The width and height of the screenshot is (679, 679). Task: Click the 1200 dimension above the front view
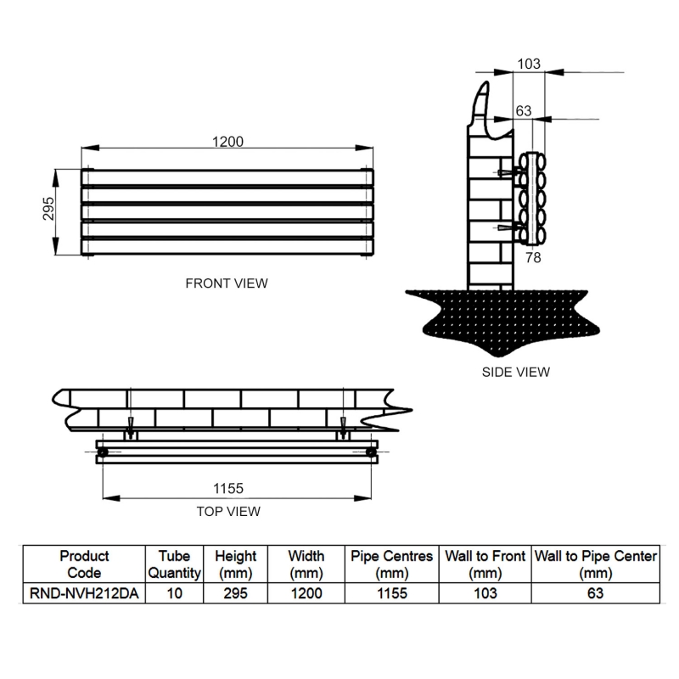[227, 142]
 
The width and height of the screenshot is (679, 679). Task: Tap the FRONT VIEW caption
[227, 283]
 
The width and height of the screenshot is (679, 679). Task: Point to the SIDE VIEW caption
[515, 372]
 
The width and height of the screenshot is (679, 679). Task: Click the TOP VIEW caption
[227, 511]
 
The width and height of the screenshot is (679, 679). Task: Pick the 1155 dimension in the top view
[227, 487]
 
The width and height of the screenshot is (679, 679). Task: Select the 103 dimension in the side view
[528, 65]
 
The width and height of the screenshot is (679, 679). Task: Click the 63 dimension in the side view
[524, 111]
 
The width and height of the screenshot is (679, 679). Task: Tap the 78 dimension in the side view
[534, 255]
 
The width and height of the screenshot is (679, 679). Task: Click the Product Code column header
[84, 564]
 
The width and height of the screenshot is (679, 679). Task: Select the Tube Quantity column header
[174, 564]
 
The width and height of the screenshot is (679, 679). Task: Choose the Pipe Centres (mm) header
[391, 564]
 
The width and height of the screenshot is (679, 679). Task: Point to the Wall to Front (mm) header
[485, 564]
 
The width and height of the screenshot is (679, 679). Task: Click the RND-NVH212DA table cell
[84, 594]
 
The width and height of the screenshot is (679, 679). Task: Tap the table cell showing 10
[174, 594]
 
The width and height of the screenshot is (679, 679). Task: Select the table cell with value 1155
[391, 594]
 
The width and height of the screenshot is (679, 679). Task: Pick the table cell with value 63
[595, 594]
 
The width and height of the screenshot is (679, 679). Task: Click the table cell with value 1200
[306, 594]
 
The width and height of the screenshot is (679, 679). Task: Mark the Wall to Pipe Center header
[595, 564]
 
